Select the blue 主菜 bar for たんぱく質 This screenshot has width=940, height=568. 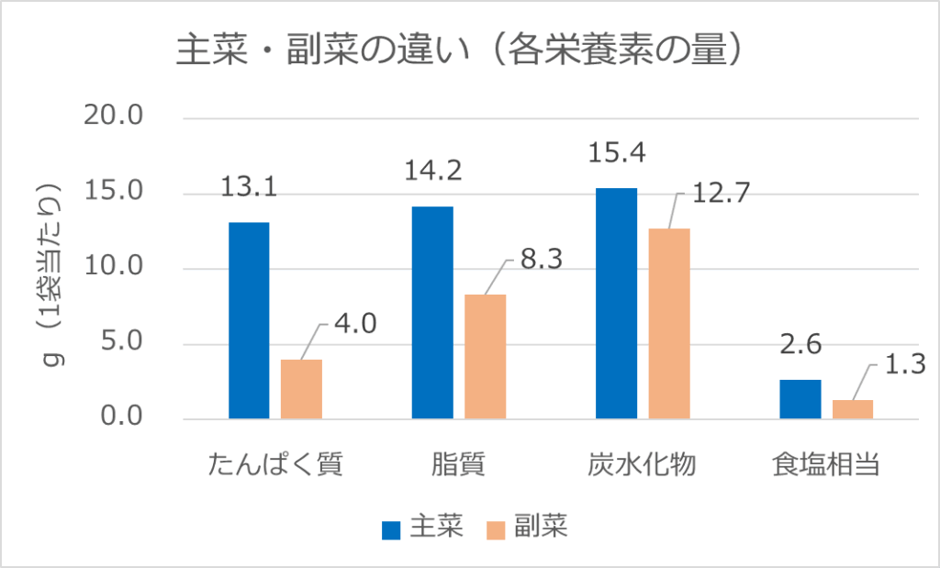249,321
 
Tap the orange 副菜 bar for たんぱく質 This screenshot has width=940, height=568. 301,389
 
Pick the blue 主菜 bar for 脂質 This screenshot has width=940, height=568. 432,313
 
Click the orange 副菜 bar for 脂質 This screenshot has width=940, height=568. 485,357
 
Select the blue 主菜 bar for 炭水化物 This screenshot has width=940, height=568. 616,304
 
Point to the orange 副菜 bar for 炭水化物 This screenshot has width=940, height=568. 669,324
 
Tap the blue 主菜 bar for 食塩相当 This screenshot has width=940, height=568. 800,399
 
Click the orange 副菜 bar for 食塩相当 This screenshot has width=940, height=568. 853,409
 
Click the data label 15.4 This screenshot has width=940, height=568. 617,153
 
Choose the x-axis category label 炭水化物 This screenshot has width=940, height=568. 643,464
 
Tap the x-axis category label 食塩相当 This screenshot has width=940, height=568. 826,464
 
